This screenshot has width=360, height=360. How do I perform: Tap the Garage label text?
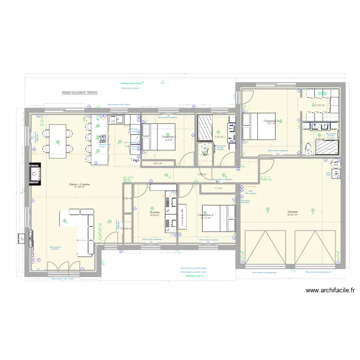coord(292,212)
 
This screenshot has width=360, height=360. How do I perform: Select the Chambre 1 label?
coord(169,137)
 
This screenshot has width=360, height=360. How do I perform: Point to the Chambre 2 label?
coord(205,215)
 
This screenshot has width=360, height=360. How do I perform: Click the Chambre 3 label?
coord(272,121)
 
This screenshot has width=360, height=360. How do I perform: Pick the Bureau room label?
coord(154,212)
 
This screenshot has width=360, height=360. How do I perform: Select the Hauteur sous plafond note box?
coord(80,93)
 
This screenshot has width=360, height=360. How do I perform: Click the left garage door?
coord(265,249)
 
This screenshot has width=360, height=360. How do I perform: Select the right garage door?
coord(315,249)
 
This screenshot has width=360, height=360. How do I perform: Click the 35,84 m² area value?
coord(292,215)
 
